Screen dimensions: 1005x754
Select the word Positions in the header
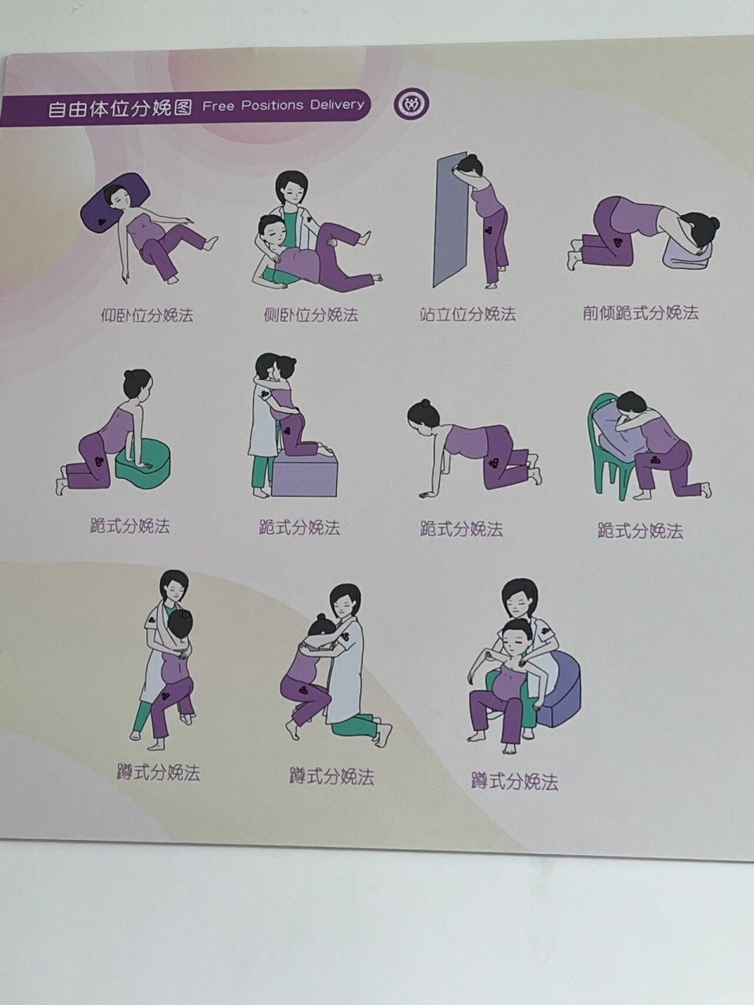pos(272,105)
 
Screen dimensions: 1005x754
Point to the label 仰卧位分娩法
pos(147,316)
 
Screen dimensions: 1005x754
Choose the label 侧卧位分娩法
pos(310,316)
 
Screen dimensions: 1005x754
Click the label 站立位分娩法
pos(468,315)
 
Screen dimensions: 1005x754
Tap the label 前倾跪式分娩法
pos(640,313)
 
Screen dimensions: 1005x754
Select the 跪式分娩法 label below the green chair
pos(640,532)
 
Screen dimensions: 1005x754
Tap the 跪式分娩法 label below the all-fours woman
pos(461,529)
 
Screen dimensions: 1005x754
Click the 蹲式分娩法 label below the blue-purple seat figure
pos(514,782)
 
